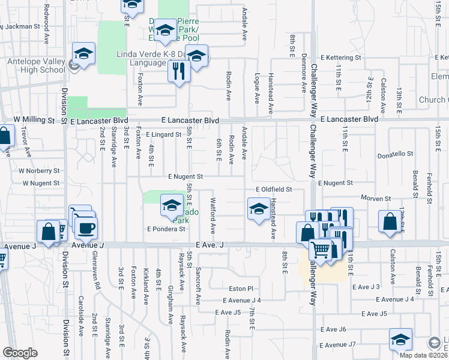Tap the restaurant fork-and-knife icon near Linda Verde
click(x=179, y=71)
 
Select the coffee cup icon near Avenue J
click(x=85, y=228)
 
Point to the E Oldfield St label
click(x=273, y=189)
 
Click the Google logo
click(x=20, y=353)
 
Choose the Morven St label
click(x=376, y=198)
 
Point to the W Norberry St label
click(x=39, y=170)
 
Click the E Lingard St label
click(x=163, y=135)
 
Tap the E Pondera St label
click(x=164, y=229)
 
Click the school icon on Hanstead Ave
click(x=258, y=209)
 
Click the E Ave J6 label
click(x=334, y=329)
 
